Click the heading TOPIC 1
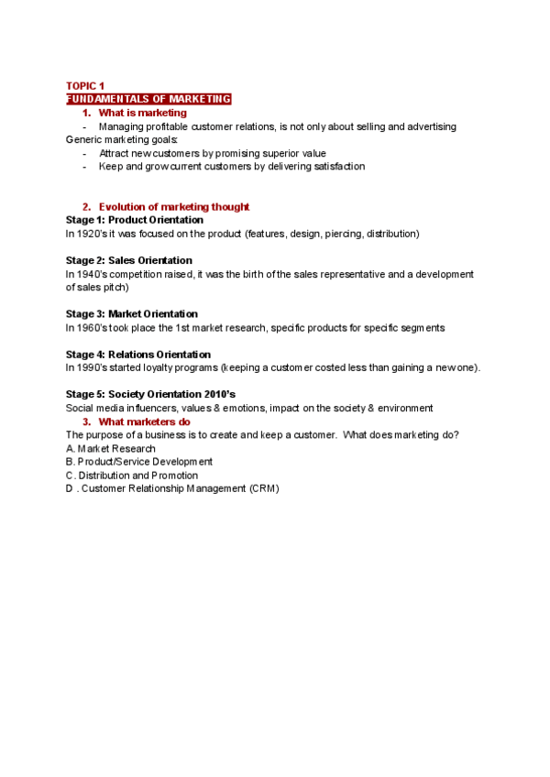[85, 85]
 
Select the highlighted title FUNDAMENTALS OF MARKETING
[148, 99]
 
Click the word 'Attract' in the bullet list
[115, 153]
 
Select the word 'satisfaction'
[336, 167]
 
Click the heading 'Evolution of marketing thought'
[173, 207]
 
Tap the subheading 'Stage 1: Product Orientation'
[135, 220]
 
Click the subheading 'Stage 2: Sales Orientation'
[129, 260]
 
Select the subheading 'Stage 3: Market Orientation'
[132, 314]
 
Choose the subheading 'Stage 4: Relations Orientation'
[138, 355]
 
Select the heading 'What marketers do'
[144, 421]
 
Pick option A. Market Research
[111, 449]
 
